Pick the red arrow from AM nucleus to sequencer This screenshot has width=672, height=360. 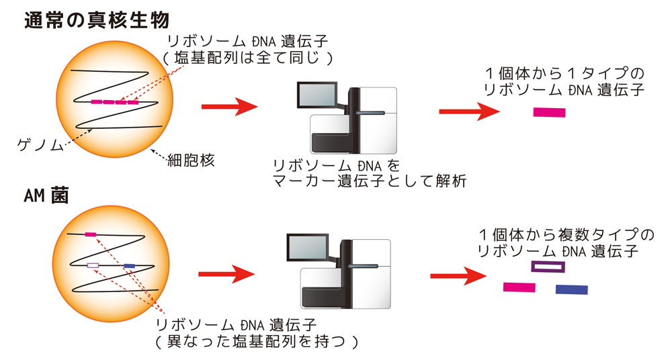[227, 274]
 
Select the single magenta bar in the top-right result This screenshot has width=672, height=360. [549, 112]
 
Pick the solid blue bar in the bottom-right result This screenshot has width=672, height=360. [571, 289]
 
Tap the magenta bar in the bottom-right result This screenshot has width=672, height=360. [519, 287]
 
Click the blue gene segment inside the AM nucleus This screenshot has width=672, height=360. [130, 267]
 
